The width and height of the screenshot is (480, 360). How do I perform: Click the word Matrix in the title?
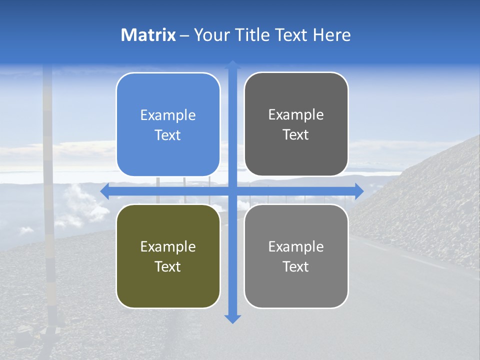pyautogui.click(x=148, y=35)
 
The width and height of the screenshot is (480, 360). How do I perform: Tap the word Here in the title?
pyautogui.click(x=331, y=35)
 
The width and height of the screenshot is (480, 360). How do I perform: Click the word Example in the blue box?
pyautogui.click(x=168, y=115)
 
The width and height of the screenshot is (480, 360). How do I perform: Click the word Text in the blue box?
pyautogui.click(x=168, y=135)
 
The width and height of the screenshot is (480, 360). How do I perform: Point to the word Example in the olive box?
pyautogui.click(x=168, y=247)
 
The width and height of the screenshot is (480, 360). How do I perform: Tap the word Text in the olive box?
pyautogui.click(x=168, y=266)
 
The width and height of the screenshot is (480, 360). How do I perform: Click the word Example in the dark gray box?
pyautogui.click(x=296, y=115)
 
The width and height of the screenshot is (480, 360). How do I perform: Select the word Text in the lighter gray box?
pyautogui.click(x=296, y=266)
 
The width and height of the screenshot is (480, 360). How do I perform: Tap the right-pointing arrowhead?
pyautogui.click(x=359, y=191)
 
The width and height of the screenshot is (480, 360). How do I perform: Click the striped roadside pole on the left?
pyautogui.click(x=48, y=200)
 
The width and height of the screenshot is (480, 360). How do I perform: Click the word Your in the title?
pyautogui.click(x=212, y=35)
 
